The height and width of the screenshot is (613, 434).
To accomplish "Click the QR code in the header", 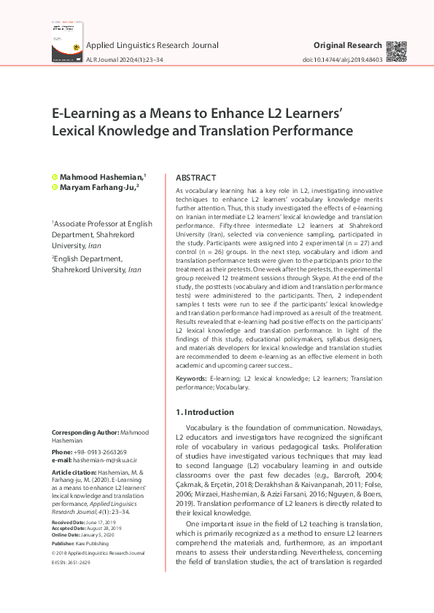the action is pyautogui.click(x=396, y=52).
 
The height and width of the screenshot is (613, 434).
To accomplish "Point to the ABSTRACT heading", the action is pyautogui.click(x=196, y=178).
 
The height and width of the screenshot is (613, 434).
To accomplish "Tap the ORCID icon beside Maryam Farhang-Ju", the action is pyautogui.click(x=54, y=187).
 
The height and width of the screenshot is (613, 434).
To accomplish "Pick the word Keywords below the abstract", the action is pyautogui.click(x=191, y=379).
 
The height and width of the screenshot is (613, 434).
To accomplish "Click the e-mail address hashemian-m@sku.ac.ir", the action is pyautogui.click(x=106, y=461).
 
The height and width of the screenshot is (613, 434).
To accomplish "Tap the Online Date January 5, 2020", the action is pyautogui.click(x=106, y=534).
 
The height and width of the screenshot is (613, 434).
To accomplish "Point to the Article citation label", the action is pyautogui.click(x=74, y=472).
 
